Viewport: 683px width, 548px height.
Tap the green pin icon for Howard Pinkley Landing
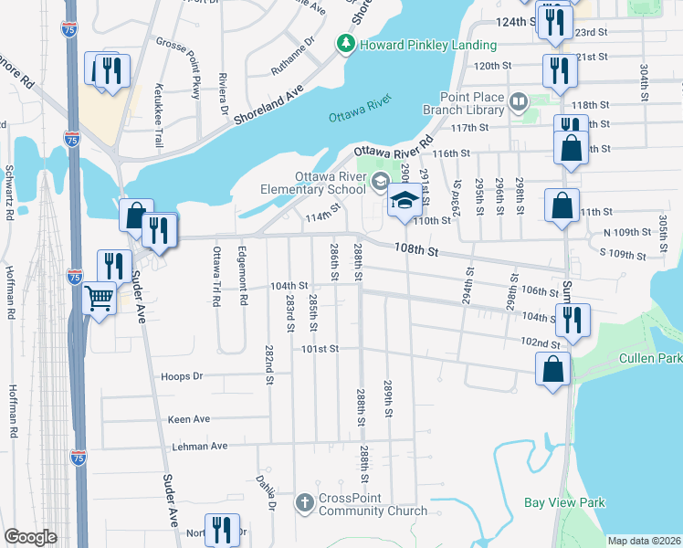(x=346, y=43)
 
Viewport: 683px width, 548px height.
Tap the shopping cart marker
(x=99, y=298)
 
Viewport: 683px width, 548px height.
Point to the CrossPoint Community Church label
(x=372, y=504)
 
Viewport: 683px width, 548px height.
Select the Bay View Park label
(x=564, y=502)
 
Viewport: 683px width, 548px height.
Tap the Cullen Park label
(x=650, y=358)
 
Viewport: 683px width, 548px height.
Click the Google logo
(x=30, y=536)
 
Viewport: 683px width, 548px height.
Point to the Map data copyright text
(x=644, y=541)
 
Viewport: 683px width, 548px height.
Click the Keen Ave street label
(x=189, y=419)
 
